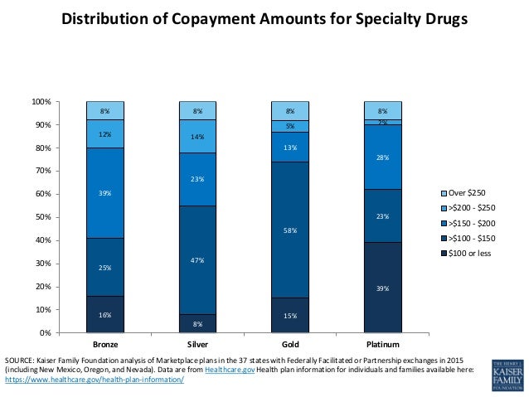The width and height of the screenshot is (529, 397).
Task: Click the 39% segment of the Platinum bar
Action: [x=382, y=288]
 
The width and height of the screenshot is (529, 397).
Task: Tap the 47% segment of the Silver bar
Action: [x=197, y=259]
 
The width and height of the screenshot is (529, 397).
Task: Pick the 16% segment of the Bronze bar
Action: [x=105, y=314]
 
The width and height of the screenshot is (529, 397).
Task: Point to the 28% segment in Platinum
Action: [x=382, y=157]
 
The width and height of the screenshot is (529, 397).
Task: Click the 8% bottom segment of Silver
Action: [x=197, y=323]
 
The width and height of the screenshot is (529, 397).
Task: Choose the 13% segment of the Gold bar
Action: [x=289, y=147]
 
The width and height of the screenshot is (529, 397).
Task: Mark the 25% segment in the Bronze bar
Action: [x=105, y=267]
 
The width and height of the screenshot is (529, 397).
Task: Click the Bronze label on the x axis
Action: [x=105, y=344]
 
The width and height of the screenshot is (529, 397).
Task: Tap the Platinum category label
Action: [x=382, y=344]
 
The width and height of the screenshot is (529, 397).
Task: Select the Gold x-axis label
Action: [x=289, y=344]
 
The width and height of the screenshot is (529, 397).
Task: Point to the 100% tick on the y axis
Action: [x=41, y=102]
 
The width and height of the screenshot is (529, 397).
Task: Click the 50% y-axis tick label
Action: [x=43, y=217]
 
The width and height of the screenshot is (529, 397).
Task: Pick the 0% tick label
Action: [x=46, y=332]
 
